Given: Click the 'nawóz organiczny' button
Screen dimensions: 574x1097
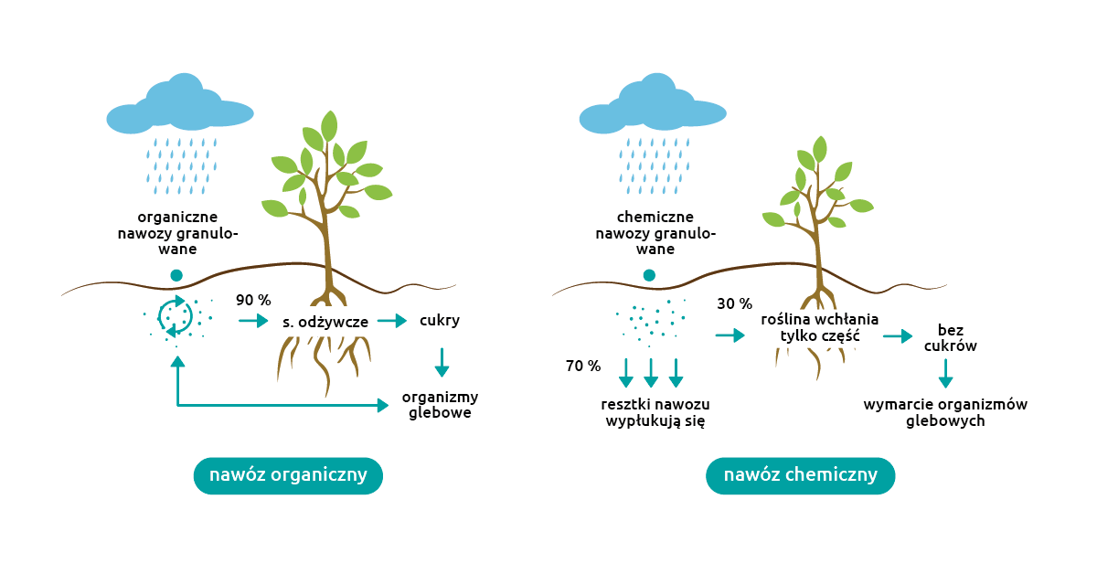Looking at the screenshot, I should tap(288, 475).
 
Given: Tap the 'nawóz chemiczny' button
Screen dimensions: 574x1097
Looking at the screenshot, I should tap(800, 475).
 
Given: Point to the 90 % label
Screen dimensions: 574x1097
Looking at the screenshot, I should tap(253, 301).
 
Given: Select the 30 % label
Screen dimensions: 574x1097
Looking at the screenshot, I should tap(734, 303).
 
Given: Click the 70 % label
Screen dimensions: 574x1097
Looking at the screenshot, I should tap(583, 367).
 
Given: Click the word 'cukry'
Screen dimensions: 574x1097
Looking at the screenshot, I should tap(440, 321).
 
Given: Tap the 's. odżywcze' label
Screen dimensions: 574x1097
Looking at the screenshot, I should tap(325, 322).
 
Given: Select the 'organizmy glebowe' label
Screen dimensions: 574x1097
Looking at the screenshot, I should tap(440, 405).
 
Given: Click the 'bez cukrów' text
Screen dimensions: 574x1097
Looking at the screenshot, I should tap(951, 338).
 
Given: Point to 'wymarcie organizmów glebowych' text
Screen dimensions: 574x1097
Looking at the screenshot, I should tap(945, 413).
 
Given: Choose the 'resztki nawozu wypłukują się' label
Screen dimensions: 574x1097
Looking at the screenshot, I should tap(655, 413).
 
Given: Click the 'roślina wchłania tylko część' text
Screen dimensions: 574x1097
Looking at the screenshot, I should tap(819, 328).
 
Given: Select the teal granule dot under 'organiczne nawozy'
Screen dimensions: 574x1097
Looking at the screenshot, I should tap(176, 275).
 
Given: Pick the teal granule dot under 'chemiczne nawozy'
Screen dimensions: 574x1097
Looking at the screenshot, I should tap(649, 275).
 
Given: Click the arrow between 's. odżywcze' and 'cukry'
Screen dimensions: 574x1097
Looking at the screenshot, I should tap(392, 321).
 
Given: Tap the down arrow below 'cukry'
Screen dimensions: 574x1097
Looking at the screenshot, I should tap(442, 363).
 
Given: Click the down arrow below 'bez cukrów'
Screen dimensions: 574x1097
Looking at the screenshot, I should tap(945, 373).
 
